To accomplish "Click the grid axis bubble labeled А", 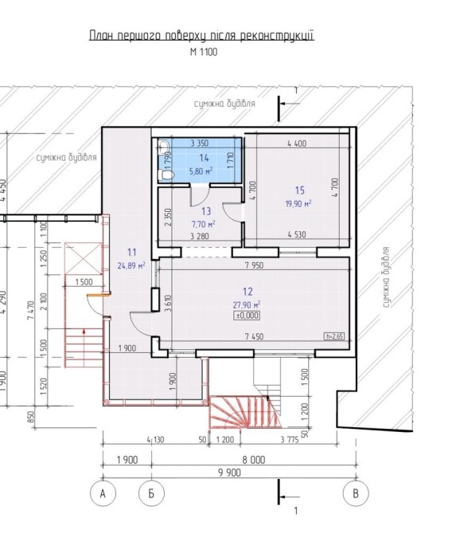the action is pos(103,493).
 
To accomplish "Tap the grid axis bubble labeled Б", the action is pos(152,493).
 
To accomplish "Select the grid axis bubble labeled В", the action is pos(356,493).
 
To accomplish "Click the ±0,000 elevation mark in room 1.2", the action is pos(248,316).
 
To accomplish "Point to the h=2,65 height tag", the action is pos(334,336).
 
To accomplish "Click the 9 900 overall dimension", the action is pos(229,473).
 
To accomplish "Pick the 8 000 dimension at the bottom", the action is pos(253,460).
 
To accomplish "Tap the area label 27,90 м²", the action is pos(247,304).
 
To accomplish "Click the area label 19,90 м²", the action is pos(298,204).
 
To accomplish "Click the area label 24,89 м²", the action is pos(131,265).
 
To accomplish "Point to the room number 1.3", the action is pos(206,211).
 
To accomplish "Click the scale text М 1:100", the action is pos(203,52).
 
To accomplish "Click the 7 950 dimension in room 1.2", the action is pos(254,265).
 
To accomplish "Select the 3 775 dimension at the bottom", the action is pos(290,439).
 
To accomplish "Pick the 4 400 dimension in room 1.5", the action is pos(297,143).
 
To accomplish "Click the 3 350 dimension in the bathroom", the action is pos(200,143).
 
